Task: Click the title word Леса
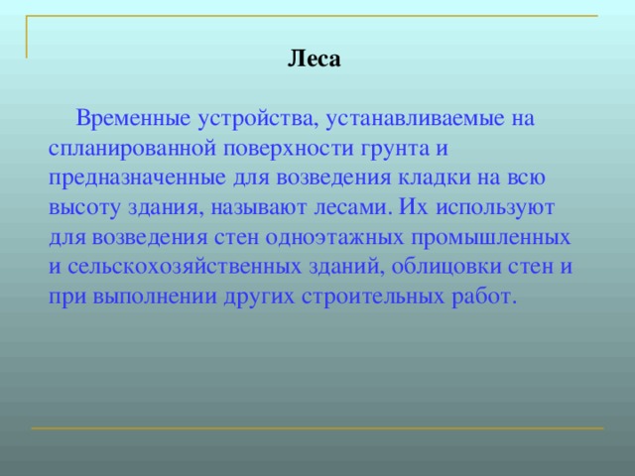(x=314, y=59)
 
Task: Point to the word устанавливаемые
(x=415, y=119)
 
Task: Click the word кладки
(x=444, y=178)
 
